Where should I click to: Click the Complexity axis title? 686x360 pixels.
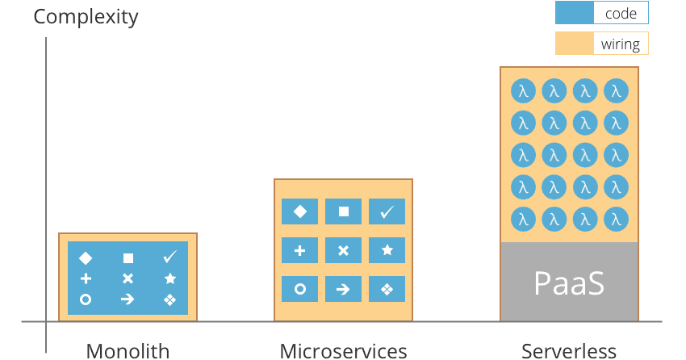86,16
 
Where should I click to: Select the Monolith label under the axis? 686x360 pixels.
128,350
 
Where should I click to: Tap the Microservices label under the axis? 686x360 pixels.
343,350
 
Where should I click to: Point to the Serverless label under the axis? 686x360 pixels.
569,350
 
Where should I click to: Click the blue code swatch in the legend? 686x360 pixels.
574,13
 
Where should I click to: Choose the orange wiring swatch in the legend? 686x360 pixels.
574,44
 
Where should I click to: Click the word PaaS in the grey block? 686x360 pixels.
569,283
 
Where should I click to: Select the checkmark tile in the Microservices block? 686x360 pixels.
387,211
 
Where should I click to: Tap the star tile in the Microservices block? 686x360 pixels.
387,250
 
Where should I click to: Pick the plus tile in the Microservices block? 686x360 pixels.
299,250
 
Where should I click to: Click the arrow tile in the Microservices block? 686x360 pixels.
343,289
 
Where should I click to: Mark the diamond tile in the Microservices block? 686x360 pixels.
299,211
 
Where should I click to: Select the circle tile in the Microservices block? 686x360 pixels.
299,289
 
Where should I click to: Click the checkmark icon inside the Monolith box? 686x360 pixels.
169,257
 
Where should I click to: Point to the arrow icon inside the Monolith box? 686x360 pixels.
128,299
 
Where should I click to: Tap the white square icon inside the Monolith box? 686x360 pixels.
128,258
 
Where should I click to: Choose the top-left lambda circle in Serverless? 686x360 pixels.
523,91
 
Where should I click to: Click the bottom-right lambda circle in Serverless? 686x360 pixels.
617,218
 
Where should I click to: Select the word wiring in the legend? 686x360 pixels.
620,44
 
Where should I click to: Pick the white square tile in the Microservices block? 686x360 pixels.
343,211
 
